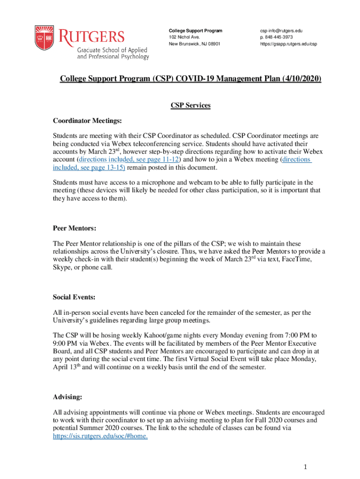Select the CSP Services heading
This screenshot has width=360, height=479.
click(x=190, y=106)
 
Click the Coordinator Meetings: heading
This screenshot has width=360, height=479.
click(x=87, y=122)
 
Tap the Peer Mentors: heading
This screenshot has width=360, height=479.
click(x=75, y=229)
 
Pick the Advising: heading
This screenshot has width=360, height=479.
click(x=68, y=397)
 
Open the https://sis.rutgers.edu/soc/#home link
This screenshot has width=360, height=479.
click(x=101, y=436)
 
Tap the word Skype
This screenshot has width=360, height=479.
click(x=62, y=267)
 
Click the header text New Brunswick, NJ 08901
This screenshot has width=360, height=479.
click(x=194, y=44)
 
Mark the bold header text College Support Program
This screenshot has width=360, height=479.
click(x=195, y=31)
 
